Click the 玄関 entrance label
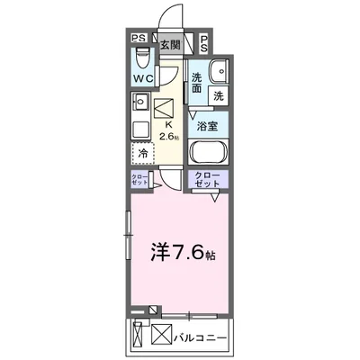point(169,43)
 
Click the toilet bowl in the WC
point(139,58)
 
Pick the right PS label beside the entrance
point(204,40)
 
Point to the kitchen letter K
point(166,126)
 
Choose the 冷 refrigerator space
point(143,154)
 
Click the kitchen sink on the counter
point(140,127)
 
